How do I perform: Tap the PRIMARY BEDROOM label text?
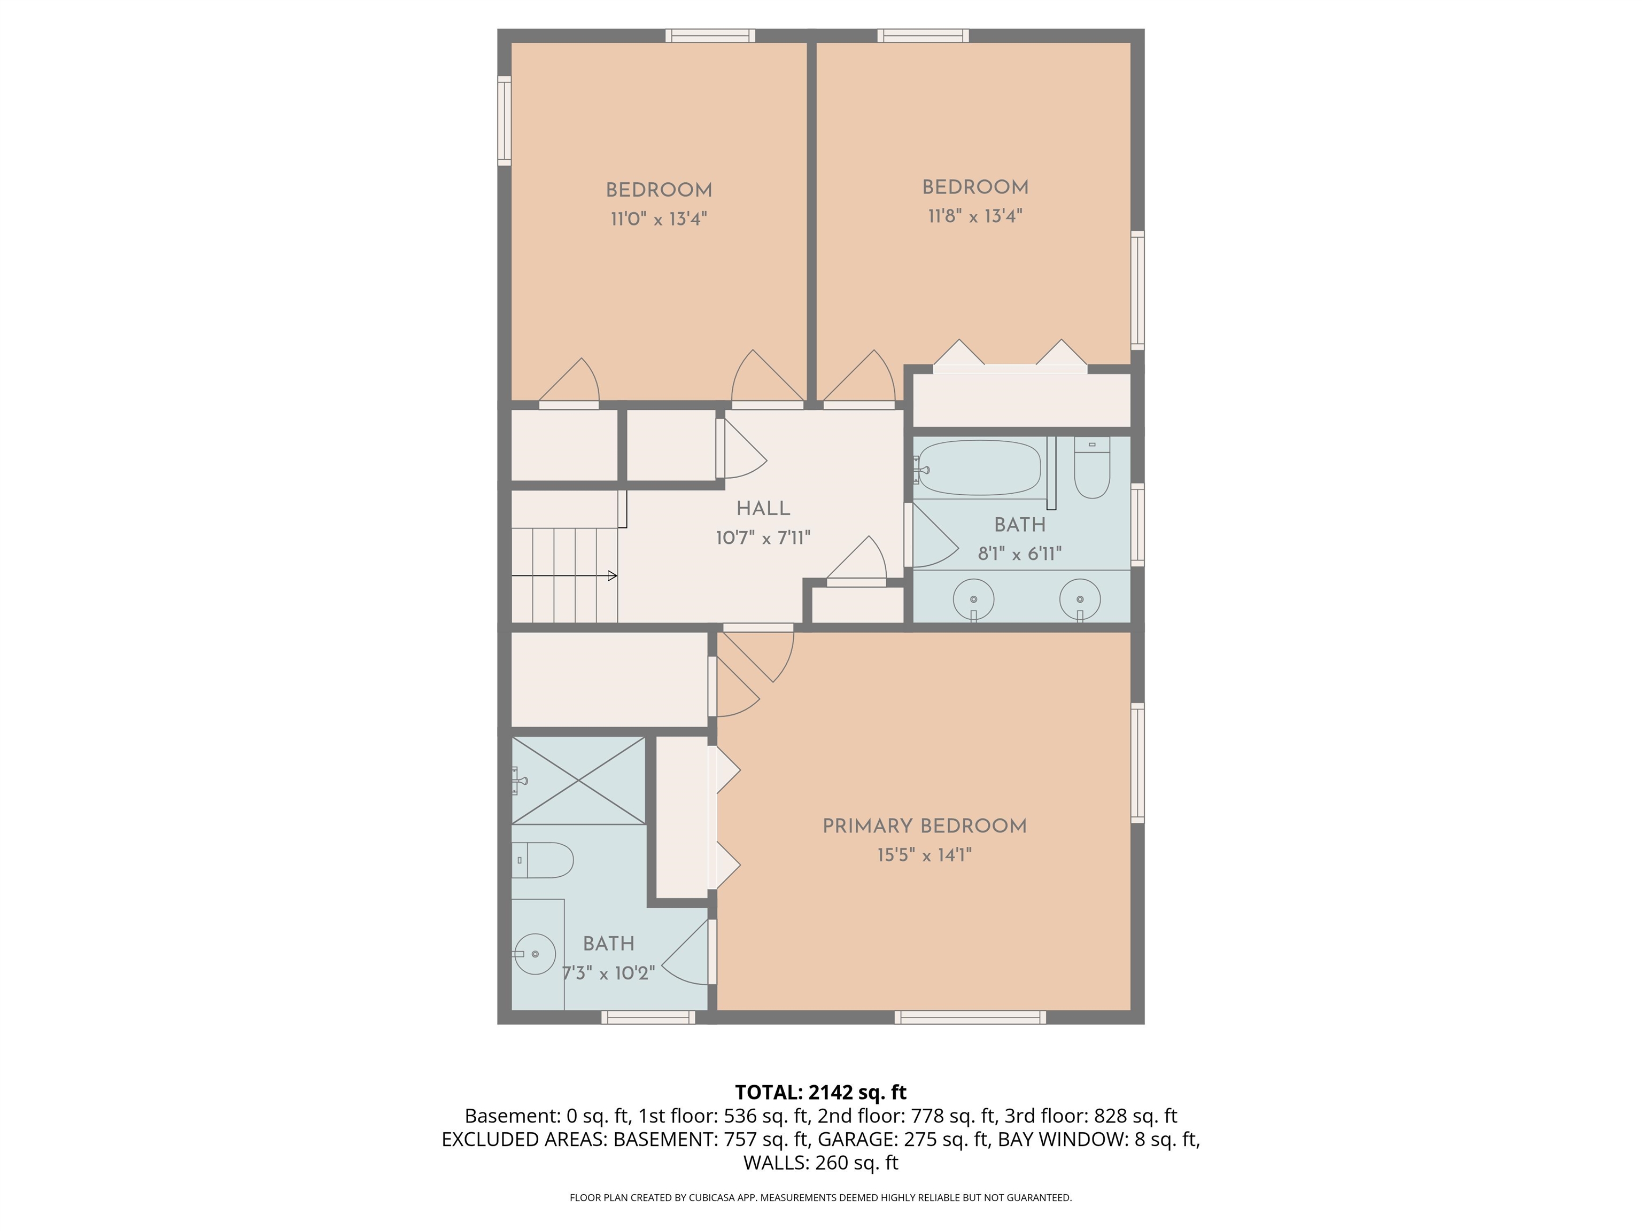pyautogui.click(x=924, y=826)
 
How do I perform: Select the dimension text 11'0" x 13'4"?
pyautogui.click(x=659, y=219)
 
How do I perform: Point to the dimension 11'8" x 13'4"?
pyautogui.click(x=974, y=216)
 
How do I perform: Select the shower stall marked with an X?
pyautogui.click(x=578, y=780)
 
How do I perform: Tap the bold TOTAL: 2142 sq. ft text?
pyautogui.click(x=820, y=1092)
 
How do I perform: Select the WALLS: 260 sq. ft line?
pyautogui.click(x=820, y=1163)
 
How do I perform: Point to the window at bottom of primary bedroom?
pyautogui.click(x=970, y=1017)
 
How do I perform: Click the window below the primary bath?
pyautogui.click(x=648, y=1017)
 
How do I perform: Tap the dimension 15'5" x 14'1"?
pyautogui.click(x=924, y=855)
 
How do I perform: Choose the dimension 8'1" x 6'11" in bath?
pyautogui.click(x=1019, y=554)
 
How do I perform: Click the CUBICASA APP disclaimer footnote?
pyautogui.click(x=820, y=1198)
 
